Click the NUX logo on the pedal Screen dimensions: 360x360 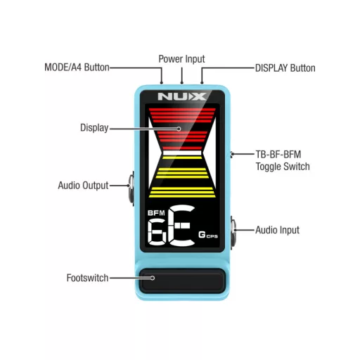tap(182, 96)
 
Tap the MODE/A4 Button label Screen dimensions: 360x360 tap(77, 67)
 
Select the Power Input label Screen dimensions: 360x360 tap(181, 59)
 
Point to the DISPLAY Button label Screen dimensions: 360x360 tap(285, 68)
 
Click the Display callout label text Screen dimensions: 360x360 tap(94, 128)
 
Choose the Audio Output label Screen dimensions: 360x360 tap(83, 186)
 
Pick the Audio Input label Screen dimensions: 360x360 tap(277, 230)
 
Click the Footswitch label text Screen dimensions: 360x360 tap(87, 278)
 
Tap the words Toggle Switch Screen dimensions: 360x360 tap(283, 167)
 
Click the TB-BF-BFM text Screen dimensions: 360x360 tap(278, 155)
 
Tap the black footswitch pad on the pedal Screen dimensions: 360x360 tap(182, 281)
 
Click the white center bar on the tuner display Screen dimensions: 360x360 tap(182, 153)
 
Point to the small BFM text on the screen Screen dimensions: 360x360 tap(156, 213)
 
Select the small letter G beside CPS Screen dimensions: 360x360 tap(202, 235)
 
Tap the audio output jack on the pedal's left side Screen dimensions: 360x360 tap(131, 188)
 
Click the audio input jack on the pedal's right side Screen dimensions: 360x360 tap(233, 232)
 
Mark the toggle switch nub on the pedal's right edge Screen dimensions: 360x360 tap(231, 155)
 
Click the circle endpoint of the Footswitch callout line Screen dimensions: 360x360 tap(153, 278)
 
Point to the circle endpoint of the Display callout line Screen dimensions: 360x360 tap(179, 129)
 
